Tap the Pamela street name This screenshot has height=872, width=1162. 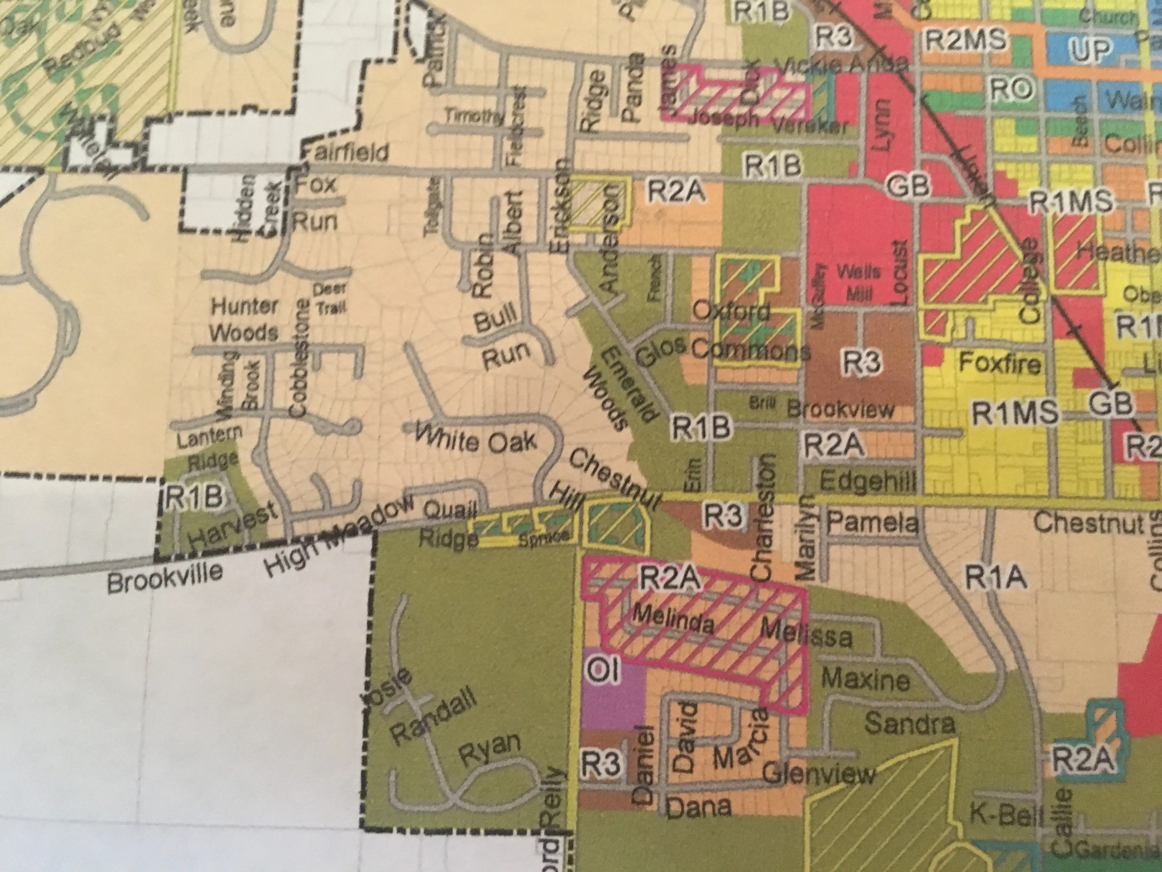(873, 523)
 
